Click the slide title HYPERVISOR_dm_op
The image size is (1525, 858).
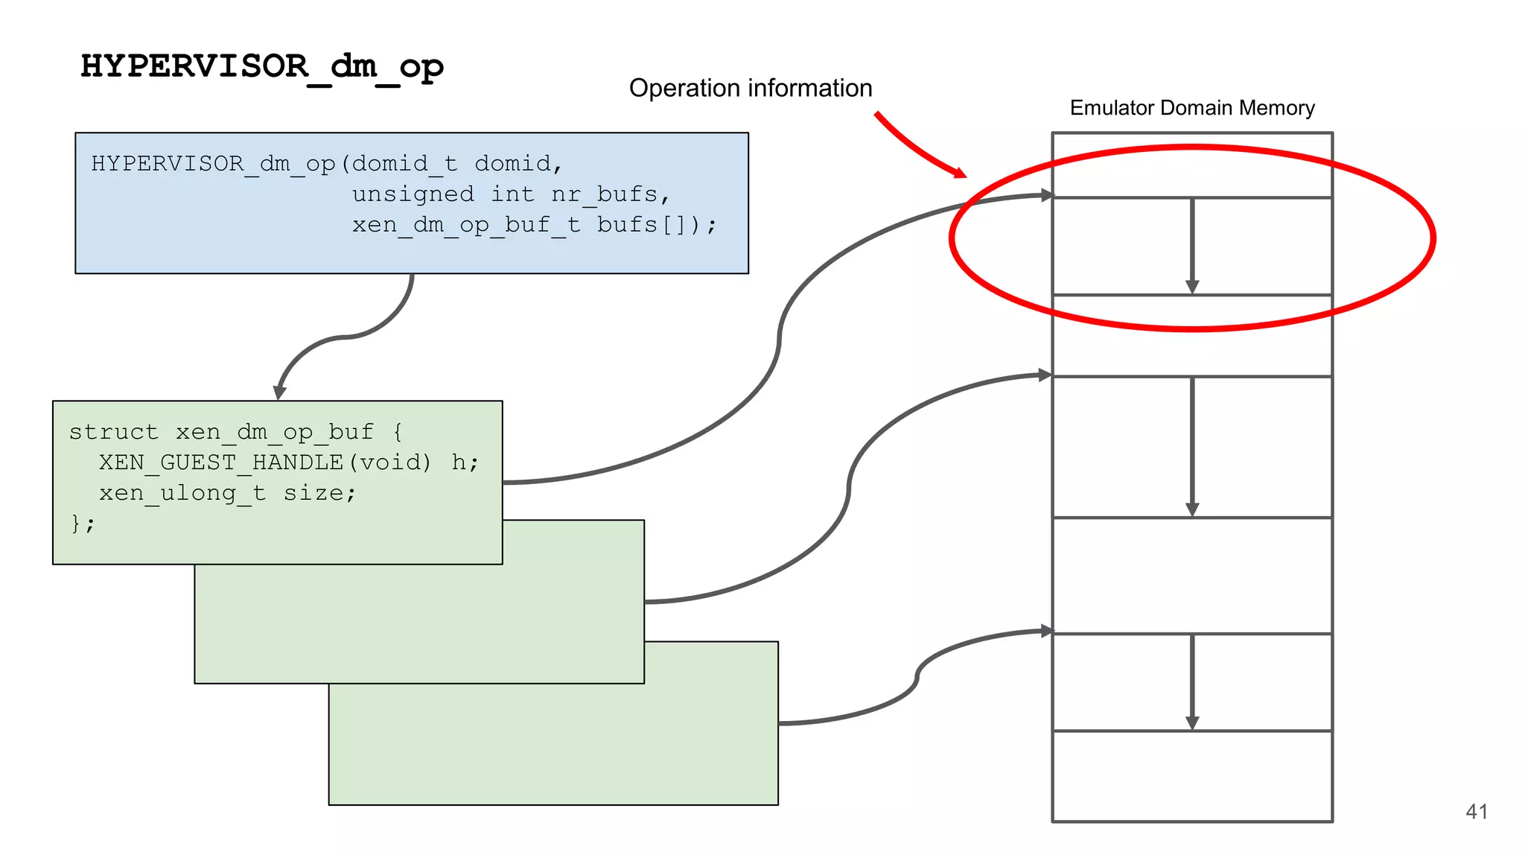click(x=262, y=67)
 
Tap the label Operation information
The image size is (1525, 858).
click(x=750, y=89)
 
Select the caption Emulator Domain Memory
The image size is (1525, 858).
click(x=1191, y=108)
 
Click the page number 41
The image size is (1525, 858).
click(x=1476, y=811)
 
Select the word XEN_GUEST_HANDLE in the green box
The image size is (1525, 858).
click(x=221, y=463)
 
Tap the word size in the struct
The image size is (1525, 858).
click(x=312, y=493)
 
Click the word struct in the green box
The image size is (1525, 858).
click(x=114, y=432)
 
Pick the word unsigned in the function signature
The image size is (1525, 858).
click(x=413, y=194)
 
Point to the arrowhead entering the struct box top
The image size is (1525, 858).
click(x=280, y=393)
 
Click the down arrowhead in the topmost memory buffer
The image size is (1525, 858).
click(x=1191, y=287)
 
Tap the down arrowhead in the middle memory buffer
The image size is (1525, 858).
click(x=1191, y=509)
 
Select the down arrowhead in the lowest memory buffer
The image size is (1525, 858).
click(x=1191, y=722)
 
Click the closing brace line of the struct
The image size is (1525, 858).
click(x=83, y=524)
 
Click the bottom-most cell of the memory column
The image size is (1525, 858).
click(x=1191, y=776)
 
